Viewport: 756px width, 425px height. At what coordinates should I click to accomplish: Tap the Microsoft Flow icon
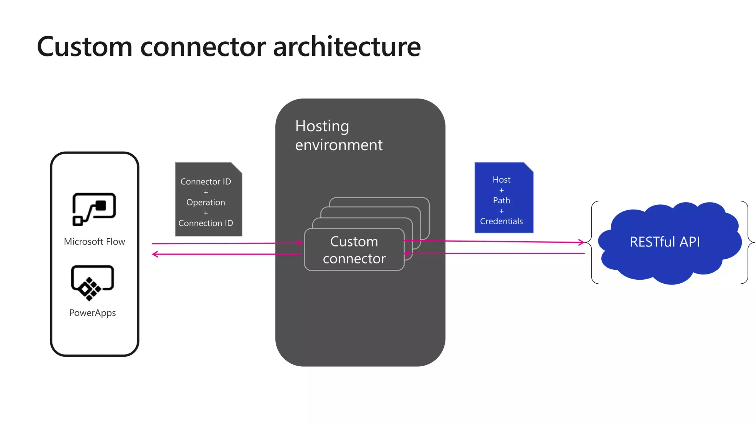pyautogui.click(x=94, y=209)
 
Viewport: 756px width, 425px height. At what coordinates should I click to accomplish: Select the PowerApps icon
pyautogui.click(x=92, y=283)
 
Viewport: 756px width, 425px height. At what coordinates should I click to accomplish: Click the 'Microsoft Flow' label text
pyautogui.click(x=94, y=242)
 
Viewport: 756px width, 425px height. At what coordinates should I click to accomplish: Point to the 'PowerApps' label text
pyautogui.click(x=92, y=313)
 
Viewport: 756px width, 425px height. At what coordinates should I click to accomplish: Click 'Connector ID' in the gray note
pyautogui.click(x=206, y=182)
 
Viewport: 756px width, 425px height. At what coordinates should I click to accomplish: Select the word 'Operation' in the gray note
pyautogui.click(x=206, y=202)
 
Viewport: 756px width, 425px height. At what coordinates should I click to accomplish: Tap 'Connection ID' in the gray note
pyautogui.click(x=206, y=223)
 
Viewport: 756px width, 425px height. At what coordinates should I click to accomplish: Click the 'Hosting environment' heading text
pyautogui.click(x=339, y=135)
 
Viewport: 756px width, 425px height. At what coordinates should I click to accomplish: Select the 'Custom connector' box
pyautogui.click(x=354, y=250)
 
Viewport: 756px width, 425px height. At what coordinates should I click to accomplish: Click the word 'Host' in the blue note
pyautogui.click(x=501, y=180)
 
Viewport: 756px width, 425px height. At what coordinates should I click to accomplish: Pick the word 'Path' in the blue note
pyautogui.click(x=501, y=200)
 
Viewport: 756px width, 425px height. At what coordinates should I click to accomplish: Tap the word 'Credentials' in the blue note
pyautogui.click(x=501, y=221)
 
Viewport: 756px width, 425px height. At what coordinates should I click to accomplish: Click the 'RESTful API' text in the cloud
pyautogui.click(x=664, y=242)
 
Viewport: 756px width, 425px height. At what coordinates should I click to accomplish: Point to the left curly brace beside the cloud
pyautogui.click(x=592, y=242)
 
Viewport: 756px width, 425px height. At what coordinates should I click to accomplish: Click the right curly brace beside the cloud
pyautogui.click(x=748, y=242)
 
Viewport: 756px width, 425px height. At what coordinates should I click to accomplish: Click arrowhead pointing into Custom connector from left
pyautogui.click(x=300, y=243)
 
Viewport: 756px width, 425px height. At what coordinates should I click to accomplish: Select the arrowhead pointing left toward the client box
pyautogui.click(x=155, y=254)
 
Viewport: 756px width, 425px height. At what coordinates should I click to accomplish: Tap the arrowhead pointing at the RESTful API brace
pyautogui.click(x=581, y=242)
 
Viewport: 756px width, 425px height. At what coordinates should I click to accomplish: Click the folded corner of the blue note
pyautogui.click(x=529, y=167)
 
